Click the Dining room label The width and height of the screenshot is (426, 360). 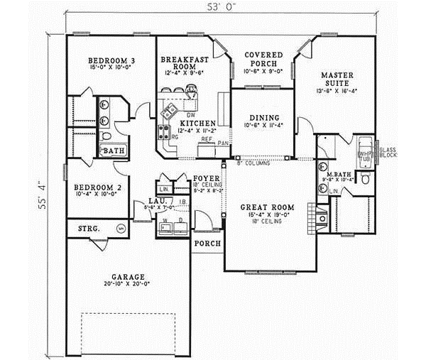[x=259, y=118]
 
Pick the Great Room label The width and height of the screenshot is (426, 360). [x=262, y=208]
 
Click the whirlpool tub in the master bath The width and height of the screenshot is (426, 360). [x=366, y=150]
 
